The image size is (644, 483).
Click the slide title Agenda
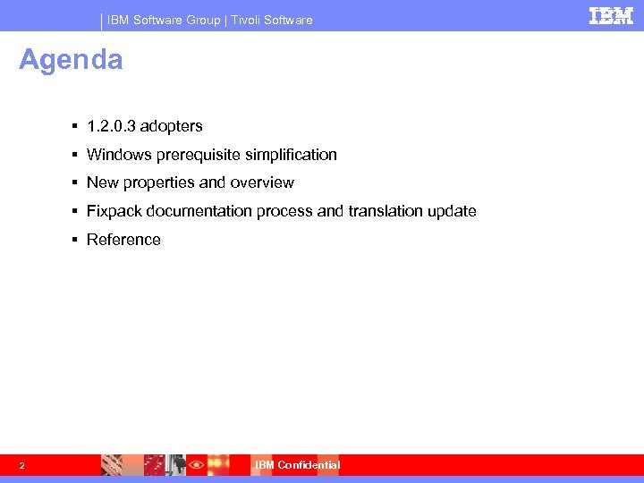(x=71, y=60)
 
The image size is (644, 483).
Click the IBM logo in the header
(x=611, y=15)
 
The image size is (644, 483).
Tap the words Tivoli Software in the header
(x=272, y=20)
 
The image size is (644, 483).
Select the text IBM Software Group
(x=164, y=20)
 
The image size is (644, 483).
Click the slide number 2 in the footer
(x=21, y=465)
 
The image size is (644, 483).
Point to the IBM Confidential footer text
(x=297, y=465)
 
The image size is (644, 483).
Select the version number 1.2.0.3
(x=111, y=126)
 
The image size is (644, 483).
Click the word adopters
(x=171, y=126)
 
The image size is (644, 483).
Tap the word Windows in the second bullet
(x=119, y=155)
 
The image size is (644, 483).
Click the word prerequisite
(x=195, y=155)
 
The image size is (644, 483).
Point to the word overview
(x=261, y=182)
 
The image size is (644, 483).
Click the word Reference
(x=123, y=240)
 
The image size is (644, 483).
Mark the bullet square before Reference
(x=77, y=240)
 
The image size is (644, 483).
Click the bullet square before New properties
(x=77, y=183)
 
